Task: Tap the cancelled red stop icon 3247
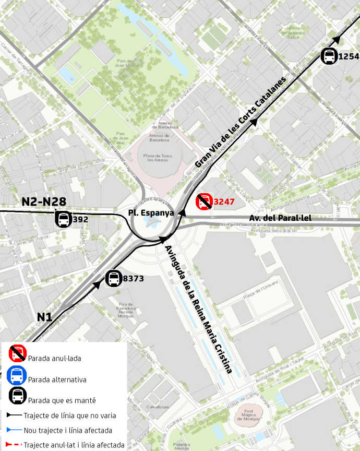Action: point(204,201)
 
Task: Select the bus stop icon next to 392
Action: point(64,219)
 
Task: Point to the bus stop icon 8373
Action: point(114,278)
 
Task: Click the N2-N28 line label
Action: point(44,202)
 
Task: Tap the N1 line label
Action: point(44,317)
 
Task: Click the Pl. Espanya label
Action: point(151,213)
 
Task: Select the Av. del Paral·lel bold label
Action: point(280,218)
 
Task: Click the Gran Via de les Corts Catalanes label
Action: point(241,123)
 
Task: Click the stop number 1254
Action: point(349,56)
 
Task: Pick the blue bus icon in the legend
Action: point(17,375)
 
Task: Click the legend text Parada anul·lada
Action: point(55,359)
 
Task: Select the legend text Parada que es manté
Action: point(62,400)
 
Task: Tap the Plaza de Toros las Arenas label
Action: point(157,158)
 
